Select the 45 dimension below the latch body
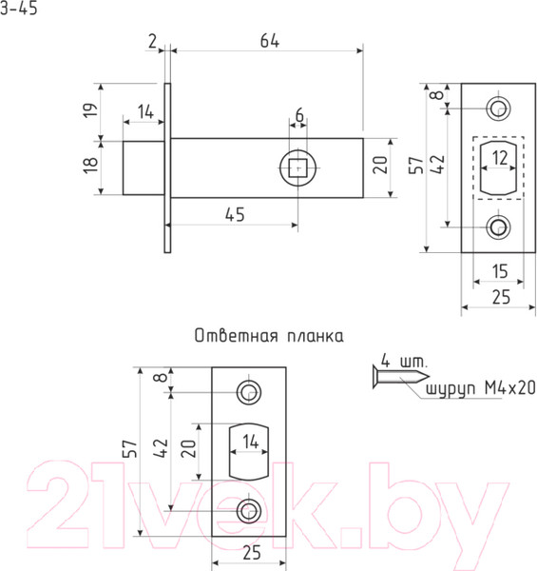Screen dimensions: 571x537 (x=233, y=214)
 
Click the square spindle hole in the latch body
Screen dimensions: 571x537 (x=298, y=167)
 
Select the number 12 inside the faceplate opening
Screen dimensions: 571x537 (x=499, y=158)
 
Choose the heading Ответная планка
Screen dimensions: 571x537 (x=268, y=336)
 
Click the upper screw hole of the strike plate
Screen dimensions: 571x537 (x=250, y=392)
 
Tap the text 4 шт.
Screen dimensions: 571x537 (x=404, y=361)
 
